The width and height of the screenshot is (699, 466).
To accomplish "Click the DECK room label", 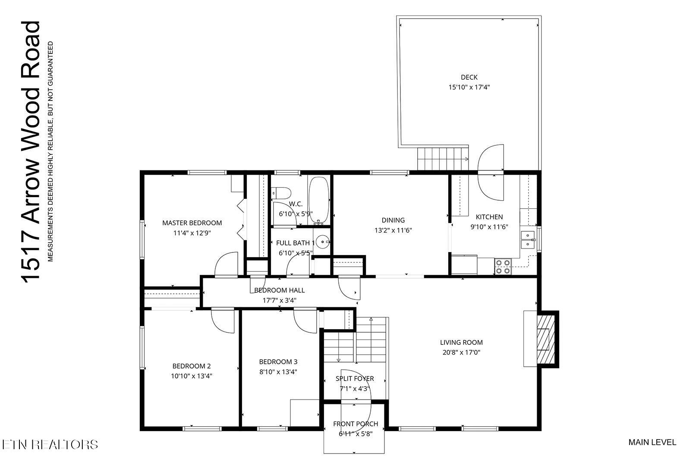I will pyautogui.click(x=469, y=77).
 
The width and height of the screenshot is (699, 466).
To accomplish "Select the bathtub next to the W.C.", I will pyautogui.click(x=319, y=200).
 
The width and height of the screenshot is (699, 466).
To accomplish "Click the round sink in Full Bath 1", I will pyautogui.click(x=322, y=242).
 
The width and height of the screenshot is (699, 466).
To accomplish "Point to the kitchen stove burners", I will pyautogui.click(x=502, y=266).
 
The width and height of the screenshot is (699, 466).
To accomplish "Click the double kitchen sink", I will pyautogui.click(x=528, y=240).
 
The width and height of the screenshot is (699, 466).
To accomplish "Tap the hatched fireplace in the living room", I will pyautogui.click(x=545, y=339).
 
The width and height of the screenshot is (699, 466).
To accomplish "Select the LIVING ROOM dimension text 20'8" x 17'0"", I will pyautogui.click(x=461, y=352).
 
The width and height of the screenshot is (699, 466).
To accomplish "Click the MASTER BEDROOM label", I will pyautogui.click(x=192, y=223).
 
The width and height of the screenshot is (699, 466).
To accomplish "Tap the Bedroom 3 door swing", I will pyautogui.click(x=305, y=321).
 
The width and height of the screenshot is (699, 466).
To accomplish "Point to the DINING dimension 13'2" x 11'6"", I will pyautogui.click(x=393, y=230).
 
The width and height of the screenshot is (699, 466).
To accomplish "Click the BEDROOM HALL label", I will pyautogui.click(x=279, y=290).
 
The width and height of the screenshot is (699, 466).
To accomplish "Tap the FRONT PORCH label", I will pyautogui.click(x=355, y=424).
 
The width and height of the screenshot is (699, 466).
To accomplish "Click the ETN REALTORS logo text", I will pyautogui.click(x=49, y=444).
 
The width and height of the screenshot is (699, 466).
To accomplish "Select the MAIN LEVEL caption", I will pyautogui.click(x=652, y=442).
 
